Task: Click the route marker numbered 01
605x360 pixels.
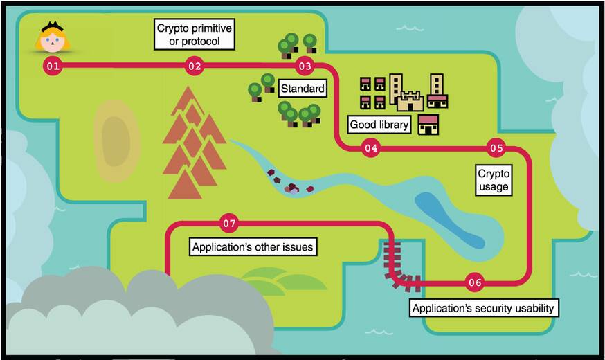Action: tap(52, 66)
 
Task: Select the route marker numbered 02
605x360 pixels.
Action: tap(194, 66)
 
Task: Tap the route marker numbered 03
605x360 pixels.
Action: tap(305, 66)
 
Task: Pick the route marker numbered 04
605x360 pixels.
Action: tap(371, 147)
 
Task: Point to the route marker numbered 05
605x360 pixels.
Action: tap(496, 147)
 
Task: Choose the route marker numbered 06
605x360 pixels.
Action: tap(475, 282)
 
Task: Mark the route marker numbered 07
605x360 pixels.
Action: tap(229, 224)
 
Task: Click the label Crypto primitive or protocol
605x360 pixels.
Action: tap(194, 35)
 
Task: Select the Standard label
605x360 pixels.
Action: tap(302, 89)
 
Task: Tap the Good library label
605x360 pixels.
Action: tap(379, 125)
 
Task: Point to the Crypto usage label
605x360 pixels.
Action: tap(494, 179)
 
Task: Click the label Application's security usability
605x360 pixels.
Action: tap(483, 307)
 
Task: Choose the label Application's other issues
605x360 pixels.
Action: tap(253, 247)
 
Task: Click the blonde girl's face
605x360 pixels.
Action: tap(53, 42)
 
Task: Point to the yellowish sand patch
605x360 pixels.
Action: tap(116, 141)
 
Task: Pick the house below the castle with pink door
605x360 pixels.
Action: tap(429, 125)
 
